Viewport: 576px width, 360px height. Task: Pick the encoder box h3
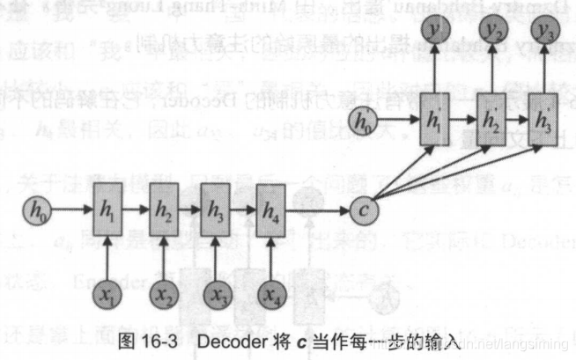tap(217, 212)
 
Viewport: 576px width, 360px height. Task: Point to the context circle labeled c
tap(363, 211)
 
